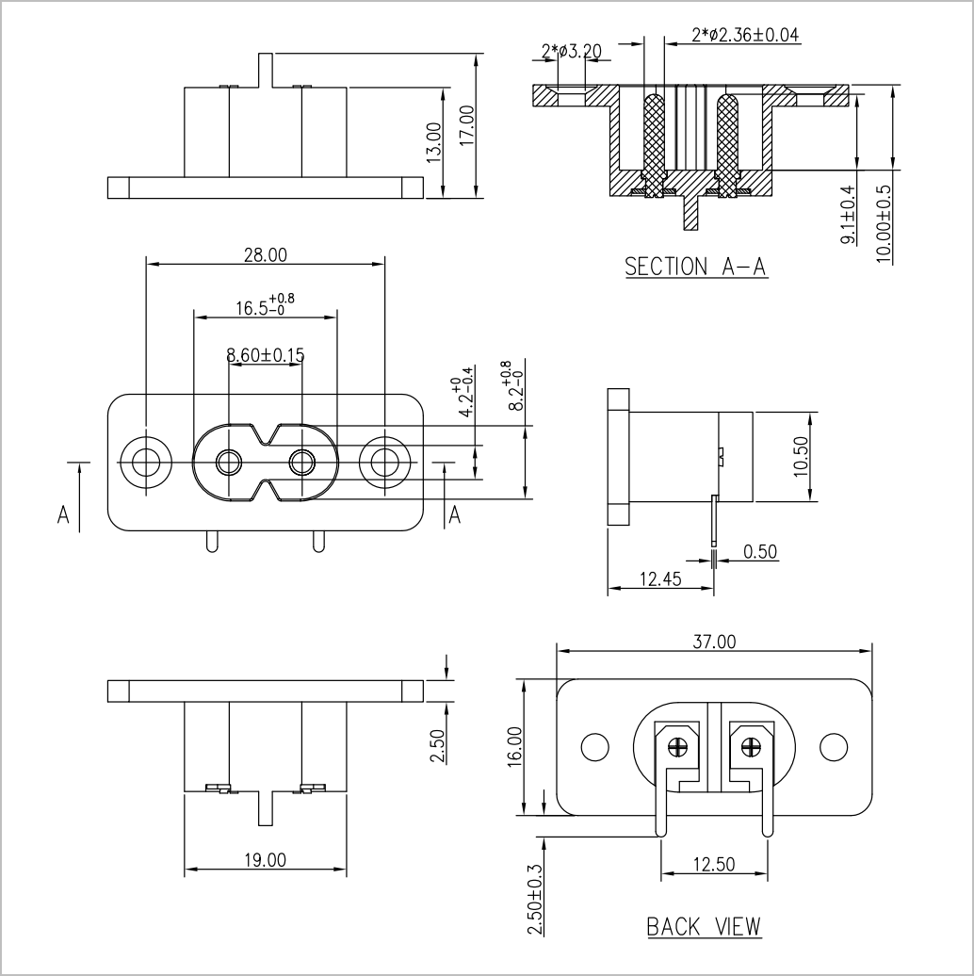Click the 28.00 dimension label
pos(265,255)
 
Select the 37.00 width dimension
pos(714,642)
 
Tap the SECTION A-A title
pos(696,267)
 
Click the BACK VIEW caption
pos(704,927)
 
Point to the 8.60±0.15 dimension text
pos(265,355)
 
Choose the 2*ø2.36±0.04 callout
pos(746,34)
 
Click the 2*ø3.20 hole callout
pos(572,51)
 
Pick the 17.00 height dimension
pos(467,125)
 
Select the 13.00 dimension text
pos(434,142)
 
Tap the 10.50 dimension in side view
pos(801,456)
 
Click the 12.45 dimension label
pos(661,579)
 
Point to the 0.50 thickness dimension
pos(760,552)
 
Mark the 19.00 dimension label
pos(265,860)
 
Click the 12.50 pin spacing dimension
pos(714,865)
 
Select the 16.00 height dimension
pos(514,746)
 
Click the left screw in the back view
pos(676,745)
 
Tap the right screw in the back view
pos(752,745)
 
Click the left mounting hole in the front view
pos(146,463)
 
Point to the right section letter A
pos(455,515)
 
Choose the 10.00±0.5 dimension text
pos(885,224)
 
